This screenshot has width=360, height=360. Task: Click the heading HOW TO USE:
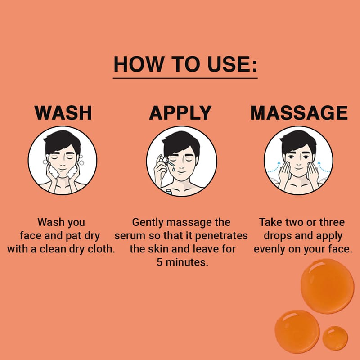pos(185,64)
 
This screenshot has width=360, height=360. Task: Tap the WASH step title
pos(63,113)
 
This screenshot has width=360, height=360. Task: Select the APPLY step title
pos(180,113)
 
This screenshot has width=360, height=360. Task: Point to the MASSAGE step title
pos(299,113)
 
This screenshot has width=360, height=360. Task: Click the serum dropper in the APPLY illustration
pos(165,161)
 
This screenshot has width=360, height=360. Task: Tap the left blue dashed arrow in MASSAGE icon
pos(274,167)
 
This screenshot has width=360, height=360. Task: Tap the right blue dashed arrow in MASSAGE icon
pos(324,167)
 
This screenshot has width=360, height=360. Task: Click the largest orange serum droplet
pos(328,286)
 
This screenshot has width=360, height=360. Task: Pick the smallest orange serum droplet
pos(335,338)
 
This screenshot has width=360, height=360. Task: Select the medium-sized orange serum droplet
pos(297,331)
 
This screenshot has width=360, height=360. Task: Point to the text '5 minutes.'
pos(183,262)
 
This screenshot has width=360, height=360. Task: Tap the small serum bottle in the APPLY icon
pos(169,192)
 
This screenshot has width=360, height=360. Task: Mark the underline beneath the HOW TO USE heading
pos(185,78)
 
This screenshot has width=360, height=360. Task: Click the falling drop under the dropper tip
pos(174,170)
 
